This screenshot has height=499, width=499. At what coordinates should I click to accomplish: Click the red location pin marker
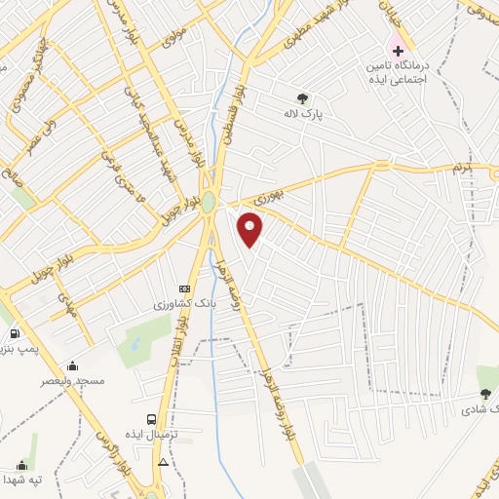pos(251,230)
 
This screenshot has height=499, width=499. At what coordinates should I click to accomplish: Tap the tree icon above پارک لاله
pos(302,97)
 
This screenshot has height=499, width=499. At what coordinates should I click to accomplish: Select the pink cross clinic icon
pos(397,49)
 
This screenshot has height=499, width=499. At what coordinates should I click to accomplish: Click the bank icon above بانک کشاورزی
pos(183,289)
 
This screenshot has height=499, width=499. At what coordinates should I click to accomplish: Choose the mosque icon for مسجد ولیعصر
pos(72,365)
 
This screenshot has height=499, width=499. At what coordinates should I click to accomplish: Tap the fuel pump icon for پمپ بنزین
pos(14,334)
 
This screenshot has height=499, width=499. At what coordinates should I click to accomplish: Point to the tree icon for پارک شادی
pos(484,395)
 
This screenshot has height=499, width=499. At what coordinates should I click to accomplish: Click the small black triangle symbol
pos(163,462)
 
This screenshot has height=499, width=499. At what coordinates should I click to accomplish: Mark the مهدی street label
pos(67,306)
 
